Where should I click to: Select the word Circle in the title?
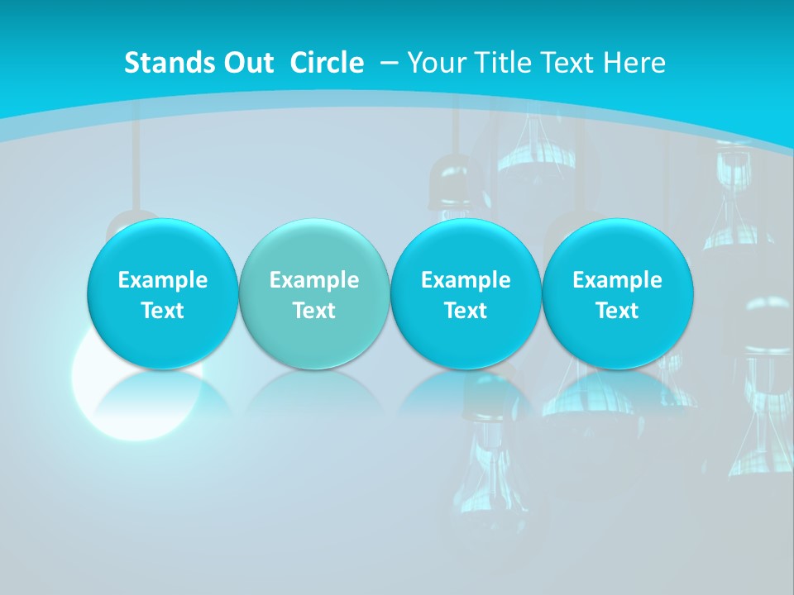[327, 63]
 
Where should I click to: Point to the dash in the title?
[388, 63]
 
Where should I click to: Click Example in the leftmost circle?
[163, 280]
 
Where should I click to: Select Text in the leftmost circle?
[163, 311]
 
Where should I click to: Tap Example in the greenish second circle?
[314, 280]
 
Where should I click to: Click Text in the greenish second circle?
[314, 311]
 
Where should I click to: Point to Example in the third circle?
[466, 280]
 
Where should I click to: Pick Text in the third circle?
[466, 311]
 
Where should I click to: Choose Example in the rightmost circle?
[618, 280]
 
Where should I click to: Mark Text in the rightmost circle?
[618, 311]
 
